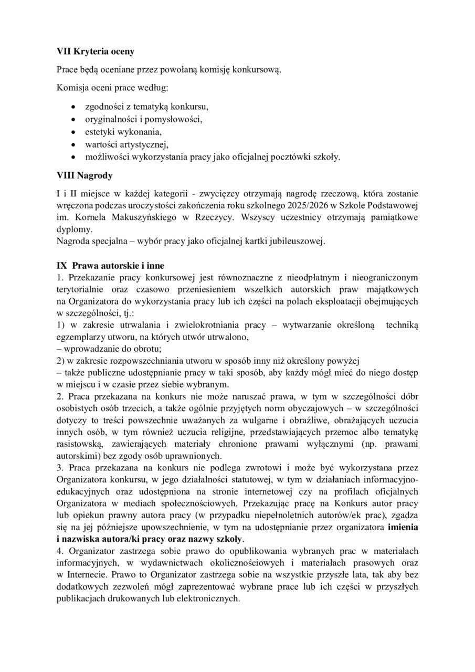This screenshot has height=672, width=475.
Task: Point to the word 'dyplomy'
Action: [x=73, y=229]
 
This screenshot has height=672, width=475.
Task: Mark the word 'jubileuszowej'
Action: [x=294, y=241]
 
